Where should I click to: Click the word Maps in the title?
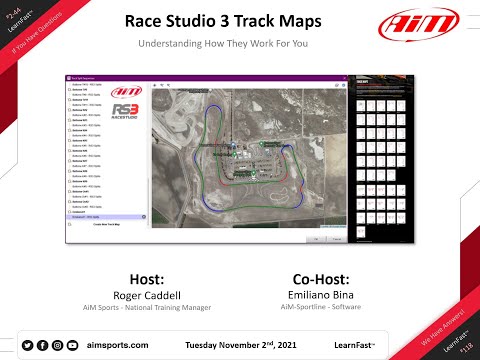pyautogui.click(x=313, y=22)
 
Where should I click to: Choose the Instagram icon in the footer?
pyautogui.click(x=58, y=345)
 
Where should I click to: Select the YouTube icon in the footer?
pyautogui.click(x=73, y=345)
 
